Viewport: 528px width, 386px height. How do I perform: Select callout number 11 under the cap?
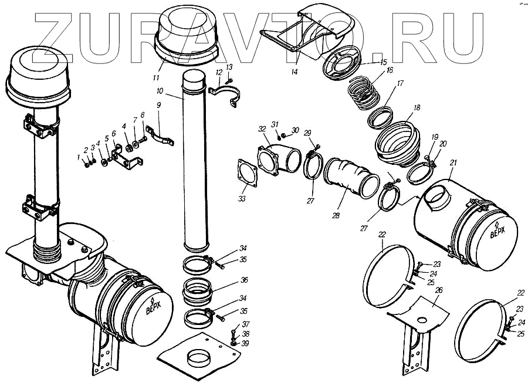pyautogui.click(x=157, y=77)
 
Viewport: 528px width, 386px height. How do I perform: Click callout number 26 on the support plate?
pyautogui.click(x=439, y=290)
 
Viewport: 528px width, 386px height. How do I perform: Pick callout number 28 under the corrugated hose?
pyautogui.click(x=336, y=215)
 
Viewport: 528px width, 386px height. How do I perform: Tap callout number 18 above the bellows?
pyautogui.click(x=417, y=108)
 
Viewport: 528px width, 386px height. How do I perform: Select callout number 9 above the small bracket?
pyautogui.click(x=158, y=104)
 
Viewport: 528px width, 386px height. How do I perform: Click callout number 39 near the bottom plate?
pyautogui.click(x=245, y=343)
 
